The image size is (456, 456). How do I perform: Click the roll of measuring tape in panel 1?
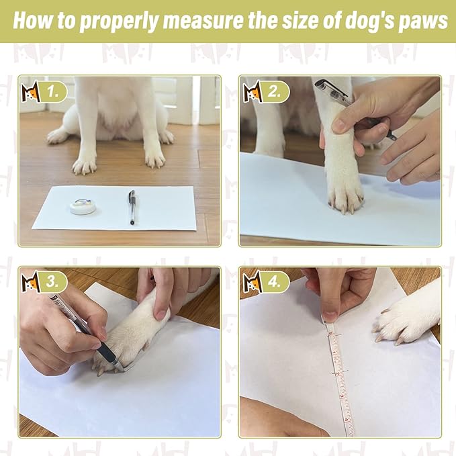tap(83, 206)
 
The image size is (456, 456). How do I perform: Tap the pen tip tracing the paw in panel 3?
tap(119, 366)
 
